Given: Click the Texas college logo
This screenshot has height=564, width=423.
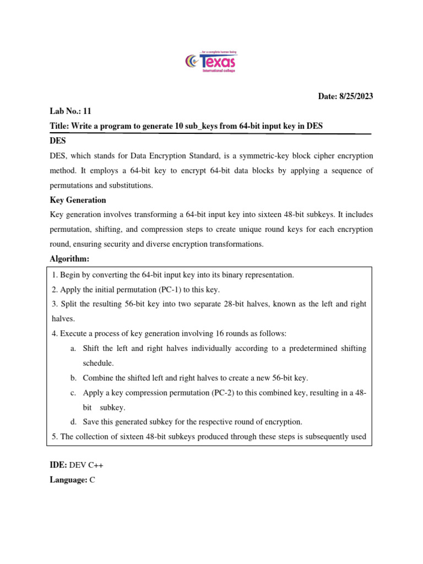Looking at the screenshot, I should [211, 62].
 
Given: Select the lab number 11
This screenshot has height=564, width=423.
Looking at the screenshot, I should [87, 111].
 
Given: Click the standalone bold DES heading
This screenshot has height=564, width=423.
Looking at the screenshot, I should [58, 141].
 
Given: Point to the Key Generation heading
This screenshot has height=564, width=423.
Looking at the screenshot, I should [78, 200].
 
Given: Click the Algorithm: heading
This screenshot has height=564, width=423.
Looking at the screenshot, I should [69, 259].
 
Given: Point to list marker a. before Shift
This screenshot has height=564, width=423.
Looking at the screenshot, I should [73, 348].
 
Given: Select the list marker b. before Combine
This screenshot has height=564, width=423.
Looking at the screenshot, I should [73, 378].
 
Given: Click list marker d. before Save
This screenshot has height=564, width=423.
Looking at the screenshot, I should [73, 422].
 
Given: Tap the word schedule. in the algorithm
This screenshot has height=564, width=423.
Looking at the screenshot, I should [99, 363].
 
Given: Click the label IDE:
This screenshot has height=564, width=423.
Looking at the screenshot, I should [58, 465].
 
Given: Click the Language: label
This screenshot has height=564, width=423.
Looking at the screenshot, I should [68, 480].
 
